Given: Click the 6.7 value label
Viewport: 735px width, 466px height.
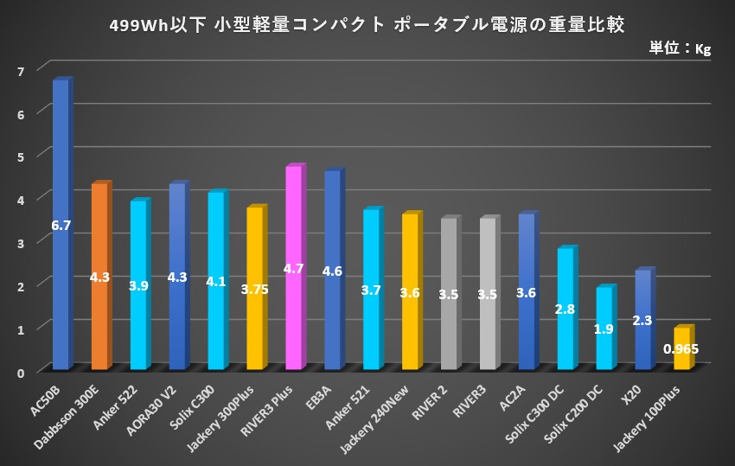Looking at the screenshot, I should (x=61, y=226).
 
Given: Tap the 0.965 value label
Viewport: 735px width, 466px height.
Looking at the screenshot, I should (x=681, y=349).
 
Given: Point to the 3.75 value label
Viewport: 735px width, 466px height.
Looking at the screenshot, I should (x=254, y=290).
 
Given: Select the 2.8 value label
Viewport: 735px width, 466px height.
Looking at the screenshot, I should (x=566, y=309).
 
